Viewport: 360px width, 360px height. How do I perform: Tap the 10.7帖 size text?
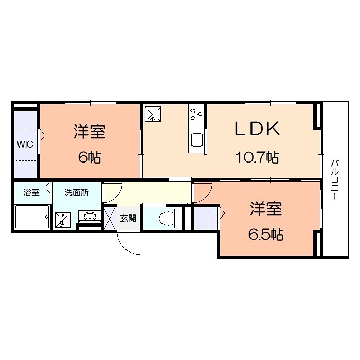(257, 157)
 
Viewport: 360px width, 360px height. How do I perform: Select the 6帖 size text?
(89, 157)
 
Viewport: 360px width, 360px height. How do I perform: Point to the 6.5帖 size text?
(266, 235)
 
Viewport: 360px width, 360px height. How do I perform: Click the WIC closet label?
(25, 144)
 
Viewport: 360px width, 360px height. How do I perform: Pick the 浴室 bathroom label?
(31, 193)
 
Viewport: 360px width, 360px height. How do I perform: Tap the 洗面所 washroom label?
(76, 193)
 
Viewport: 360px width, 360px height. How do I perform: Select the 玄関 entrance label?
(128, 218)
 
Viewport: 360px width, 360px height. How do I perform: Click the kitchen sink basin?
(197, 140)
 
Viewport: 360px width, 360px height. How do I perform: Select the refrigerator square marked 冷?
(153, 114)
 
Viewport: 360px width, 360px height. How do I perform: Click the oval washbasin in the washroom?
(88, 217)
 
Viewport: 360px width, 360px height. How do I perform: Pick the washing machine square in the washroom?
(63, 220)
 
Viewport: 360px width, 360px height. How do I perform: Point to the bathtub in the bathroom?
(32, 218)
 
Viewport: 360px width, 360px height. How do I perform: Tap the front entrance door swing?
(129, 242)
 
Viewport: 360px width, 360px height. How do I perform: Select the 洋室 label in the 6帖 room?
(89, 132)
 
